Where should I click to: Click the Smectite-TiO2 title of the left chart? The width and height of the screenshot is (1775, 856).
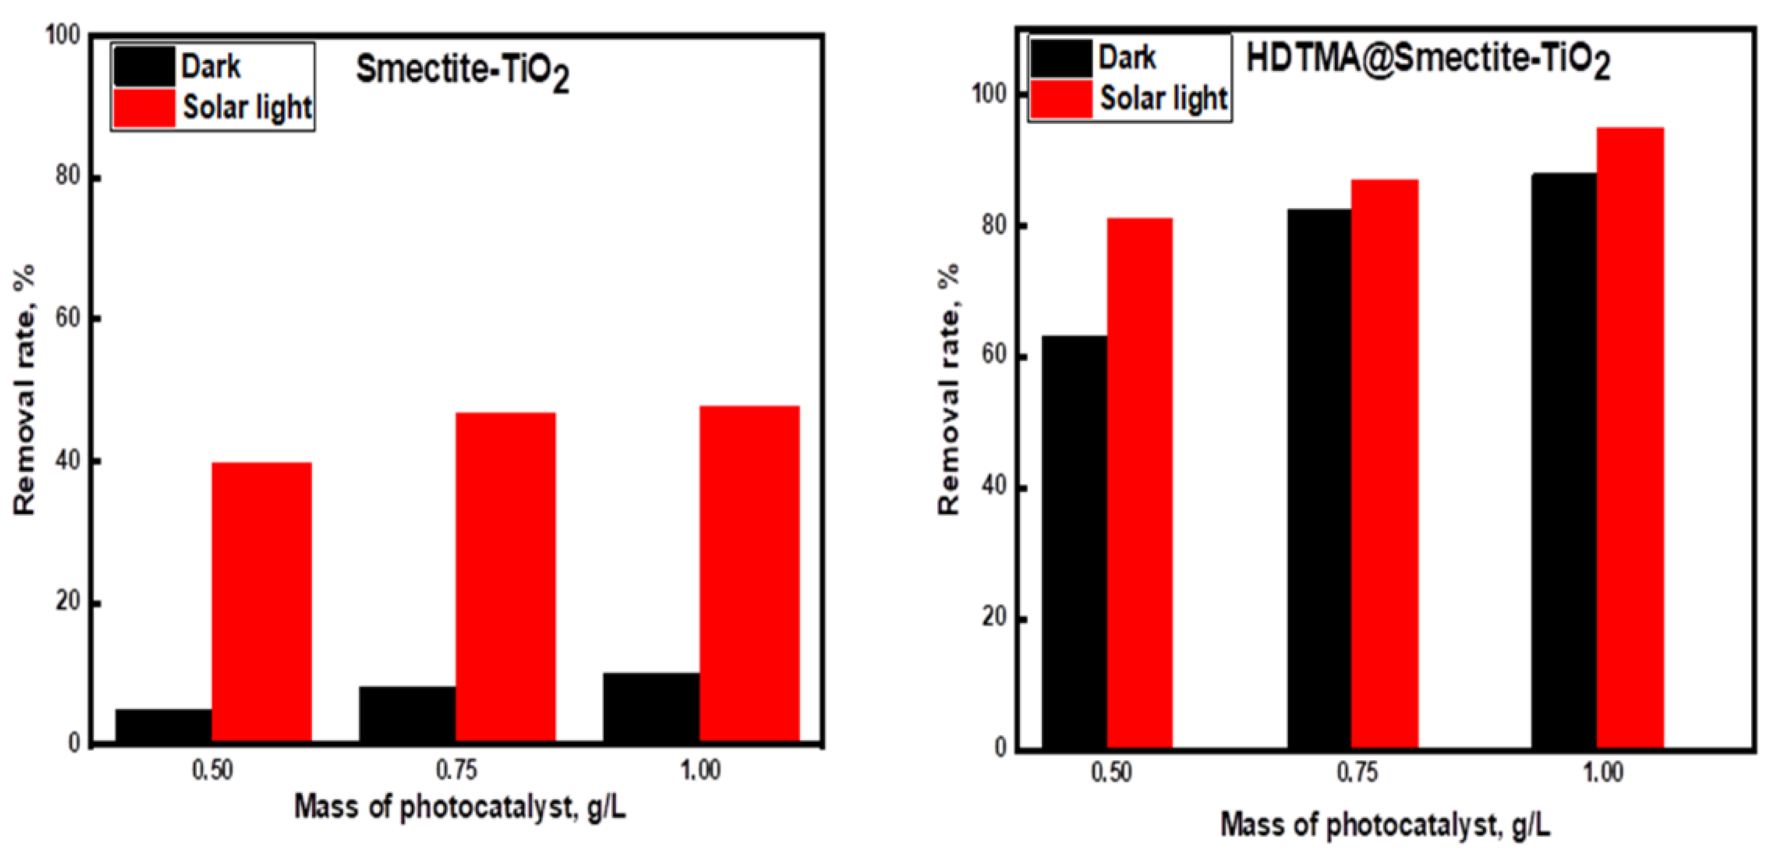[x=461, y=72]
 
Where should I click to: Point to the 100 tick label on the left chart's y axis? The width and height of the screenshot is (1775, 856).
[x=63, y=35]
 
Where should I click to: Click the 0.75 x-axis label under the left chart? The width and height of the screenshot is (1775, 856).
[x=456, y=770]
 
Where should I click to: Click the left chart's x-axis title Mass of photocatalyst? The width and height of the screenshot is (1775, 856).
[x=460, y=807]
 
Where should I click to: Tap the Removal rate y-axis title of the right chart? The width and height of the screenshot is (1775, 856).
[x=949, y=389]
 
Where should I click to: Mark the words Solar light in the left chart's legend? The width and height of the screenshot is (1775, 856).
[x=247, y=107]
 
